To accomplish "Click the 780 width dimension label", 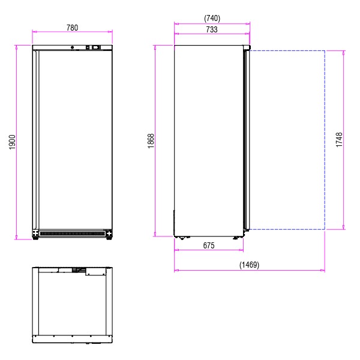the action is [x=72, y=28].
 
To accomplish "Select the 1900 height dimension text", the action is [x=12, y=142].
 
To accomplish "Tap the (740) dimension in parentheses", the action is [x=212, y=19].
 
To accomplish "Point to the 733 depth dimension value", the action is [x=211, y=29].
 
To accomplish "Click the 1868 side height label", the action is [x=151, y=141].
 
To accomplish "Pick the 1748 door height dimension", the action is [x=339, y=140].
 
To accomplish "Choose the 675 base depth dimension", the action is [x=209, y=245].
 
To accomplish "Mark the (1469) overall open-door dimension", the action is [x=249, y=265].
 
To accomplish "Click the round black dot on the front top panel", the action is [x=73, y=47].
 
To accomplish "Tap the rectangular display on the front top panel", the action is [x=96, y=47].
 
